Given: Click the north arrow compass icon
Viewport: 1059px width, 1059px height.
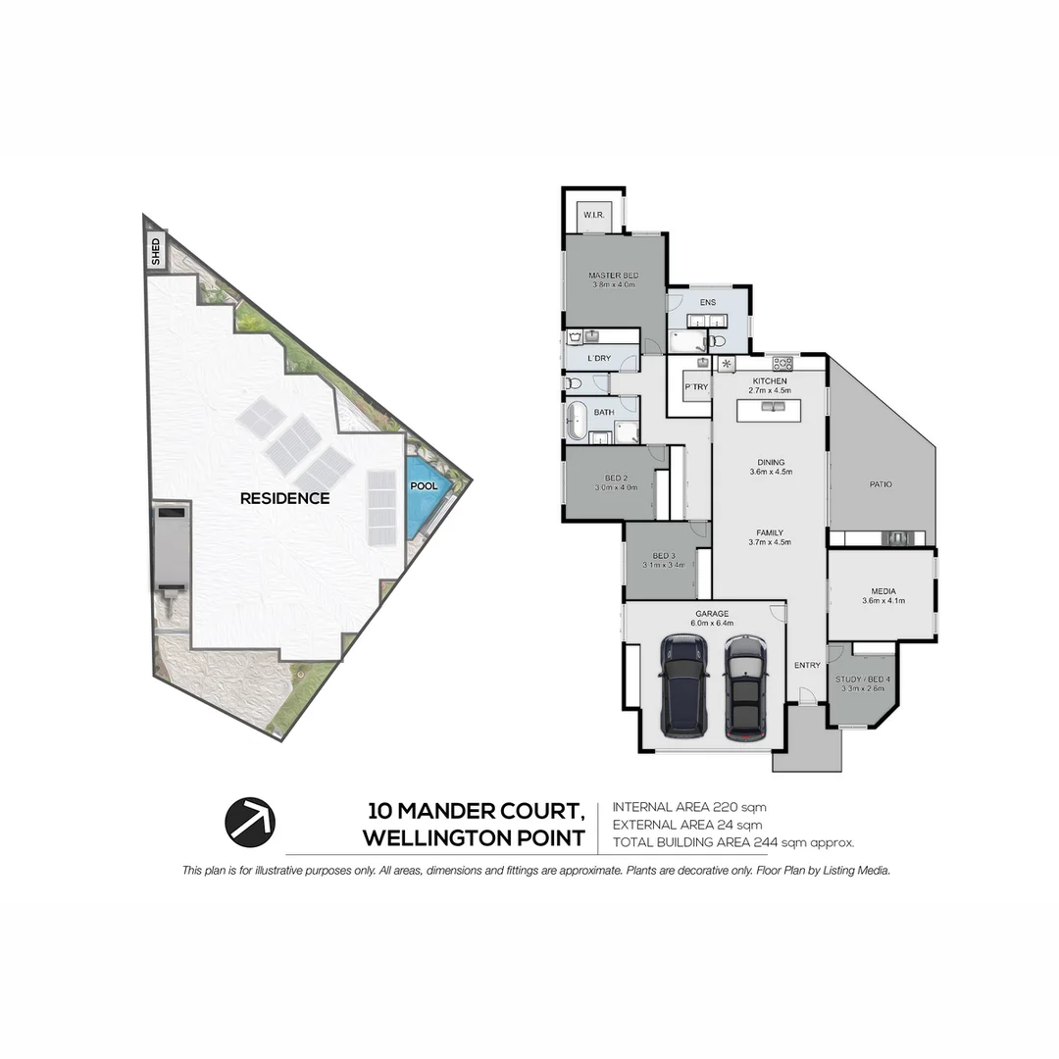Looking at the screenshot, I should (x=250, y=822).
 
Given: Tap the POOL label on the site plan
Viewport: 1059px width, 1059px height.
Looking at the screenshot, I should (x=424, y=486).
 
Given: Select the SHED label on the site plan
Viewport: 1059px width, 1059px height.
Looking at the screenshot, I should (x=156, y=253).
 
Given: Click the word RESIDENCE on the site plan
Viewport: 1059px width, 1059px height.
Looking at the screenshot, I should (x=284, y=498).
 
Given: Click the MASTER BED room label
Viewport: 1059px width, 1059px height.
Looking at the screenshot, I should (x=614, y=276).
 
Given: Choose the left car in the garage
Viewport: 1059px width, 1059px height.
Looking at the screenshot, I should (x=684, y=685).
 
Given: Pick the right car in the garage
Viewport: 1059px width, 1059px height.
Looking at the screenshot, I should (x=746, y=686).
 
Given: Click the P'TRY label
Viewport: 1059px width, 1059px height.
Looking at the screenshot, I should (x=695, y=387).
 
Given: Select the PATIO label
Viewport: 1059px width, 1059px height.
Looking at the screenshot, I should (x=881, y=483).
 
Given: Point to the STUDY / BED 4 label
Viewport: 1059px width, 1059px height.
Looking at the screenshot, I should (x=863, y=679).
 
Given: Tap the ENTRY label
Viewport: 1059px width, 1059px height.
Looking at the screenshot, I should (x=807, y=666).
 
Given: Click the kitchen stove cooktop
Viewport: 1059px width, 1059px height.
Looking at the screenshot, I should (x=782, y=363).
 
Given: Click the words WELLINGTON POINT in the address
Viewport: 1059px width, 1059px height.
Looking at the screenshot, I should (x=474, y=838).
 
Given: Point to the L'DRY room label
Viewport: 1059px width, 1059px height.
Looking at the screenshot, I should (x=599, y=358).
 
